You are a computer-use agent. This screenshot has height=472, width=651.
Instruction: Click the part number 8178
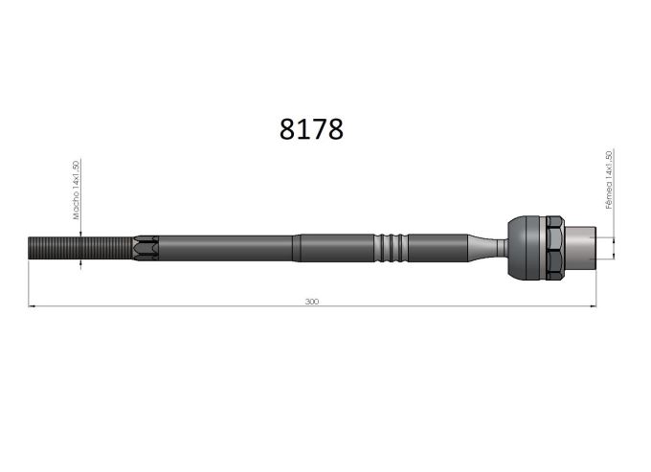coord(311,129)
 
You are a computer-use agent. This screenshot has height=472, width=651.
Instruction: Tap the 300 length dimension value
coord(312,302)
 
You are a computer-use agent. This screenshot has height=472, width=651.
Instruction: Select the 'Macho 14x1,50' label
coord(76,190)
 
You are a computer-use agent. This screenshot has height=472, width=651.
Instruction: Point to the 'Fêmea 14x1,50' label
coord(609,179)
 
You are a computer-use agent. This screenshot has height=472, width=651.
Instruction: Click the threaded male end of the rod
coord(81,248)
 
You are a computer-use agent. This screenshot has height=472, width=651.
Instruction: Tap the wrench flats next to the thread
coord(146,248)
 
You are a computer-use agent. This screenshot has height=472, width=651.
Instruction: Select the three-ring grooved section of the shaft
coord(391,248)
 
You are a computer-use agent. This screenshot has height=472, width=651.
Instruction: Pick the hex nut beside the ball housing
coord(555,247)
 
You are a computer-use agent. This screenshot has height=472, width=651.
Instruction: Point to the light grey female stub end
coord(580,247)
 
